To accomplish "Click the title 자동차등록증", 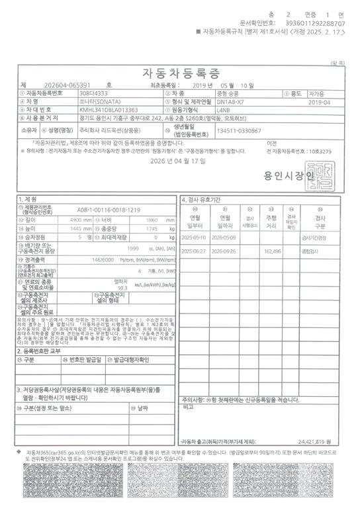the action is click(x=179, y=71).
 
